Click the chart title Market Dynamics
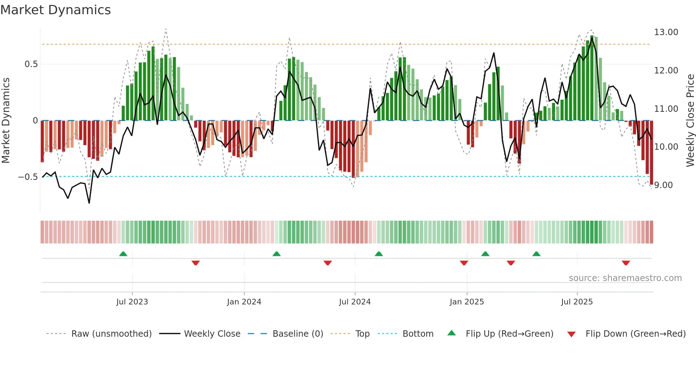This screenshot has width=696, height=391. [55, 10]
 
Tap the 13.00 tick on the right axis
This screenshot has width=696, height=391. [666, 32]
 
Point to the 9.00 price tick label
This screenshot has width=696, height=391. [663, 185]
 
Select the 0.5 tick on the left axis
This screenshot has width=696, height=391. [31, 64]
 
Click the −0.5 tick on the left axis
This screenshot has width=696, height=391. [28, 177]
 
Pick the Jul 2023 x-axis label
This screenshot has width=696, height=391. [132, 302]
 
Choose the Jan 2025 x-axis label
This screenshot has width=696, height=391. [466, 302]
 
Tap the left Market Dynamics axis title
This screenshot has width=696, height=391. [6, 121]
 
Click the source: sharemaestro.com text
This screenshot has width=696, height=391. [625, 278]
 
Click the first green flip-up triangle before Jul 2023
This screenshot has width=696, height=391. [123, 254]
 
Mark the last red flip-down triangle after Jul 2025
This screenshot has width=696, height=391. [626, 263]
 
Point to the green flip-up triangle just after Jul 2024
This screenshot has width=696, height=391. [379, 254]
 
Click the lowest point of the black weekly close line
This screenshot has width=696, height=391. [89, 203]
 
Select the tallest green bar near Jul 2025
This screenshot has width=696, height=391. [592, 78]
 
